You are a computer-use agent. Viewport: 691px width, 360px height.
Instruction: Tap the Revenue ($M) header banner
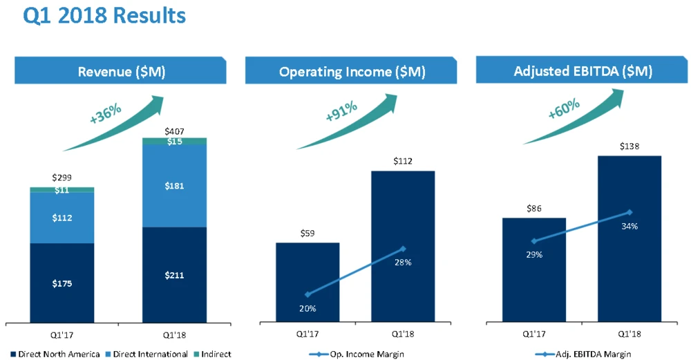[122, 72]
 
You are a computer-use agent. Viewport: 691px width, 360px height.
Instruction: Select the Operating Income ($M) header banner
[352, 72]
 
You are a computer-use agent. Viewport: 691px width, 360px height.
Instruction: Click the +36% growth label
[105, 113]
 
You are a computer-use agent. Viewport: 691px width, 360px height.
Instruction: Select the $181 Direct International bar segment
[174, 186]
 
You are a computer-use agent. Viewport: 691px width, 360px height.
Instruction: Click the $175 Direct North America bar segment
[62, 283]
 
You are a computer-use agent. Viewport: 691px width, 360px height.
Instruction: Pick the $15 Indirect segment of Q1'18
[174, 142]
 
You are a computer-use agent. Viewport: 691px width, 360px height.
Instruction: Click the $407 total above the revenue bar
[174, 131]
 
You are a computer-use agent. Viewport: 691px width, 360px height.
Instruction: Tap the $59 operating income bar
[307, 282]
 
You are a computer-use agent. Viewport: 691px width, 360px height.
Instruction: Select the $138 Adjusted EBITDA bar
[630, 238]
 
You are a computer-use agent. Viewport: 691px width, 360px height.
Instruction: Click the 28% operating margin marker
[404, 249]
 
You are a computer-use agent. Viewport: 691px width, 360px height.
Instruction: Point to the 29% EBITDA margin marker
[534, 241]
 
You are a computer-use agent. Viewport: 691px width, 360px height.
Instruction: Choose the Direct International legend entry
[149, 354]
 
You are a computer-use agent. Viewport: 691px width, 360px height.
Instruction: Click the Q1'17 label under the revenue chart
[62, 335]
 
